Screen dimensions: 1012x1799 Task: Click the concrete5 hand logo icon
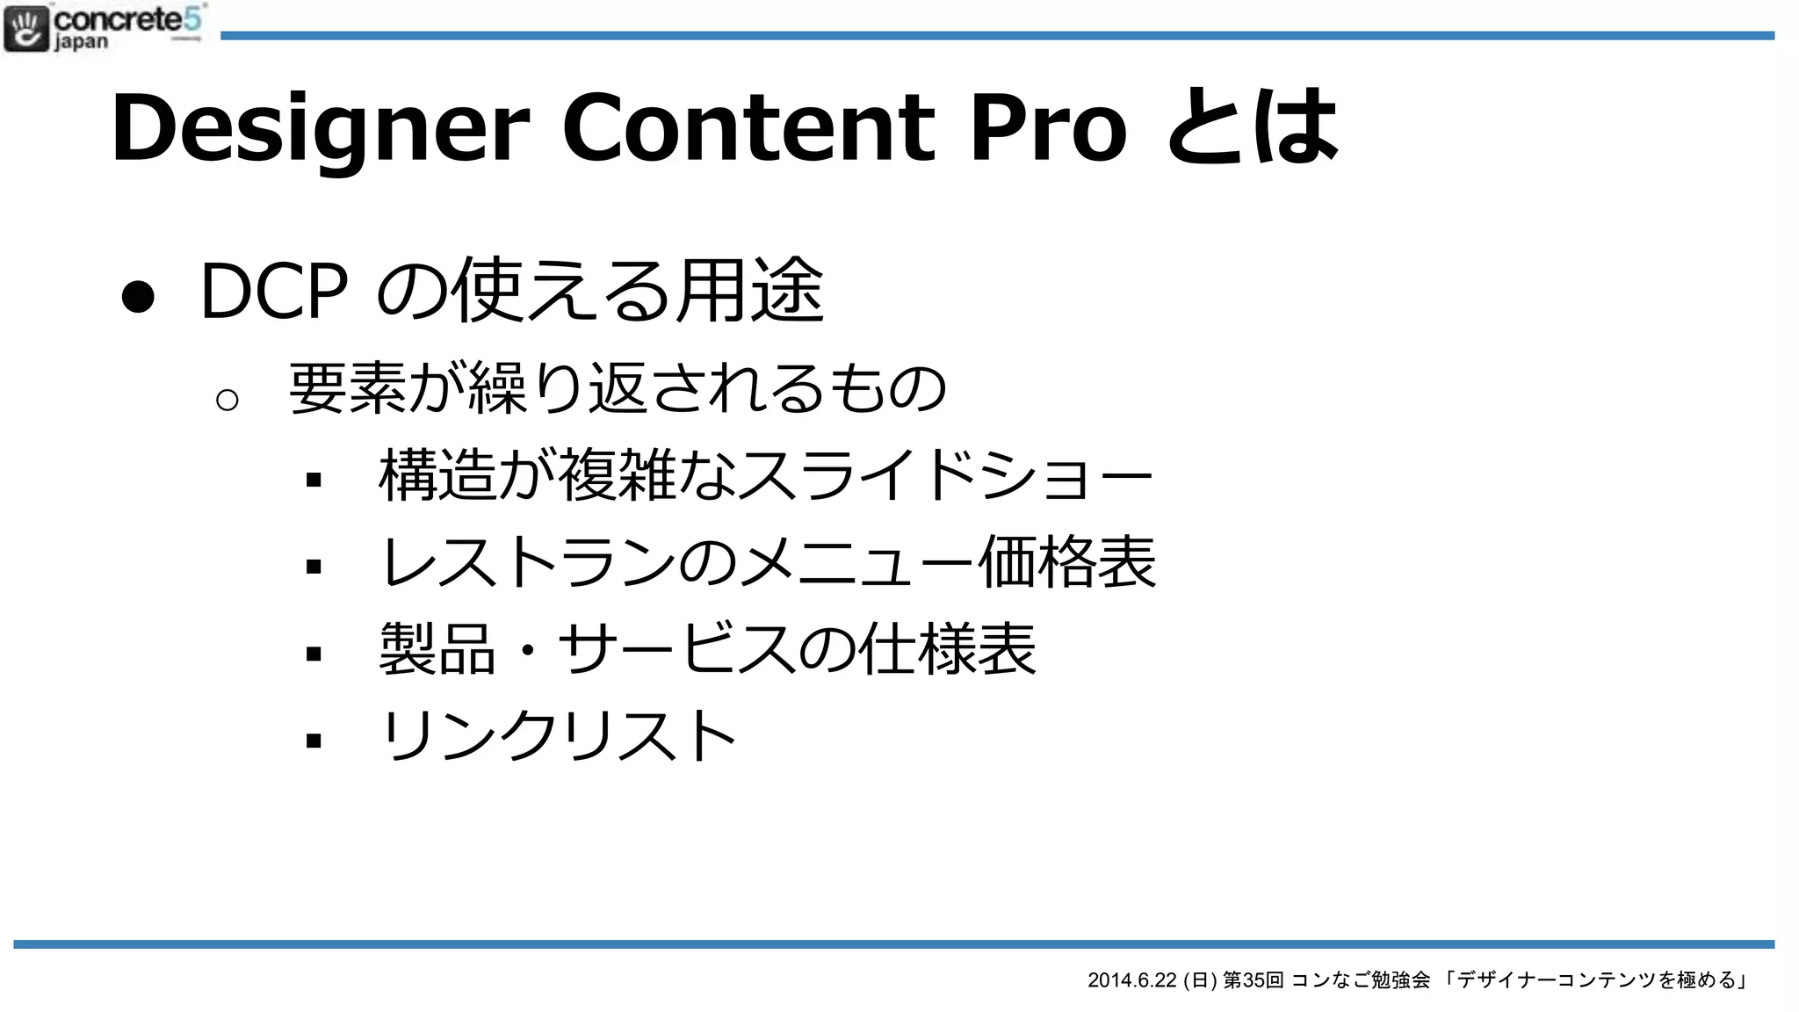click(26, 28)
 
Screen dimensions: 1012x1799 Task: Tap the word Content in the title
click(748, 127)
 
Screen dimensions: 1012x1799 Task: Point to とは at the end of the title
click(1253, 127)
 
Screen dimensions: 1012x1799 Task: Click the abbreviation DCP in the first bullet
click(274, 292)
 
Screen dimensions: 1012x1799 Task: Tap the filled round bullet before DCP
click(138, 296)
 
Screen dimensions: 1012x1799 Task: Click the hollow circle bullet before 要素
click(227, 401)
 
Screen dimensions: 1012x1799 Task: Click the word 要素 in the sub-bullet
click(348, 388)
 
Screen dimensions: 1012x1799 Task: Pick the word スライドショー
click(944, 475)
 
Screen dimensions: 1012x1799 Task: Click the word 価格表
click(1066, 562)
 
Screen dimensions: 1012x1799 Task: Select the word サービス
click(676, 649)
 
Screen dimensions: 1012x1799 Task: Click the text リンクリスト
click(559, 736)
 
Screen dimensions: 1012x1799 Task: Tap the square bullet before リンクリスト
click(314, 741)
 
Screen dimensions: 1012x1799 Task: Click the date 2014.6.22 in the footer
click(1131, 980)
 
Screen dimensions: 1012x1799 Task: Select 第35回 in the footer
click(1254, 980)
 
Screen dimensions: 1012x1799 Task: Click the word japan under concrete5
click(81, 42)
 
